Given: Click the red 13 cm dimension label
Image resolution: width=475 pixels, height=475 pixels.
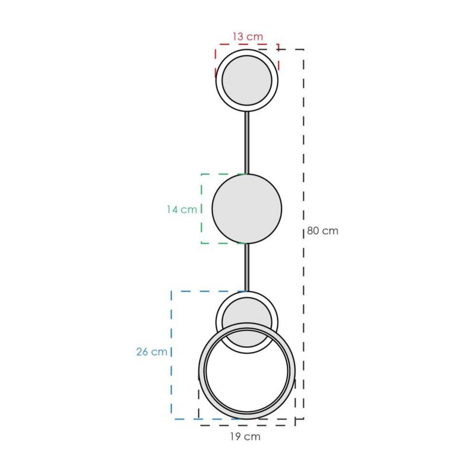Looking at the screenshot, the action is pos(248,37).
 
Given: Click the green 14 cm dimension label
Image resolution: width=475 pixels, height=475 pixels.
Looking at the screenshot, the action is pos(182,210).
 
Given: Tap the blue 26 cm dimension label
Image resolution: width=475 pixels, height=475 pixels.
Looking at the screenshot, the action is pos(151,351).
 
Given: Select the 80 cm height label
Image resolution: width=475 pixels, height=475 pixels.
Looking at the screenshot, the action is pos(322,231).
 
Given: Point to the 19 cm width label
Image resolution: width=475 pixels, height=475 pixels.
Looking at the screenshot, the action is pos(245,436).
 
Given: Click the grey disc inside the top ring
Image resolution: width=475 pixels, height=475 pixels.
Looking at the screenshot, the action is pos(247,81).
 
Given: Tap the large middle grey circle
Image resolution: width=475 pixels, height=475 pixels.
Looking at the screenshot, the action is pos(247,209).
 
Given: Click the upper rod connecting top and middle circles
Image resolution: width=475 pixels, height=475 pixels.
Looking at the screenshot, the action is pos(247,142).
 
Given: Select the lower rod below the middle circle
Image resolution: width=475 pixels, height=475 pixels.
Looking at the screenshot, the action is pos(247,268).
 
